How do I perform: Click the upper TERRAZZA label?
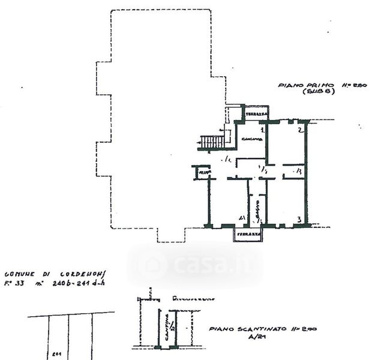coord(256,113)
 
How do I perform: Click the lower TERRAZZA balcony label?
coord(248,233)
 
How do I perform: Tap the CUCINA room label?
coord(252,140)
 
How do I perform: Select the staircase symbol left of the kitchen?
coord(211,142)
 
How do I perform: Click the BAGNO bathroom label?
coord(256,211)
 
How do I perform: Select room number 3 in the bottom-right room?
coord(298,220)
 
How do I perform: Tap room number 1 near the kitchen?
coord(262,130)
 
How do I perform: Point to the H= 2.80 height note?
coord(353,86)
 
